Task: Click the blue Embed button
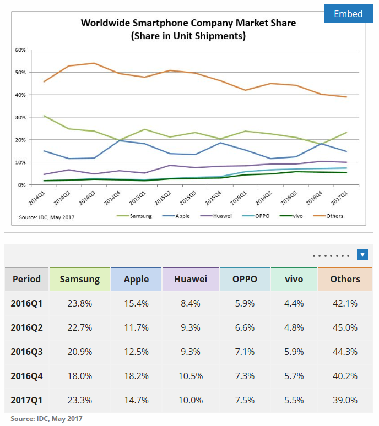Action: click(348, 14)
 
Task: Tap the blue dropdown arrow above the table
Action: click(362, 255)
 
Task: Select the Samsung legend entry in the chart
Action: click(134, 216)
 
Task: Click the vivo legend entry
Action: click(291, 216)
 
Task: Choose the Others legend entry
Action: click(328, 216)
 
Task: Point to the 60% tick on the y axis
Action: click(20, 50)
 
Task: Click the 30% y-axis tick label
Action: click(20, 117)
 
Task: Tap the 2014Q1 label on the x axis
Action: click(37, 198)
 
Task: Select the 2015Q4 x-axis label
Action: click(213, 198)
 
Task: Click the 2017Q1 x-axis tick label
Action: click(339, 198)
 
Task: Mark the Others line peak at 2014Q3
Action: click(94, 63)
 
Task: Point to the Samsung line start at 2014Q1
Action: click(44, 116)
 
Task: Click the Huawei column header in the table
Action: click(191, 279)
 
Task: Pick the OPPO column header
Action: click(245, 279)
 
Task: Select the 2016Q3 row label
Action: click(26, 352)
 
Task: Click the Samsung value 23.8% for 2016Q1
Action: click(80, 303)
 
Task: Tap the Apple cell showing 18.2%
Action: click(136, 376)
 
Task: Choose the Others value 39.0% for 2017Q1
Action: click(345, 400)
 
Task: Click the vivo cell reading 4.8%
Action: click(294, 327)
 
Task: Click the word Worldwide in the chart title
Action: click(105, 23)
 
